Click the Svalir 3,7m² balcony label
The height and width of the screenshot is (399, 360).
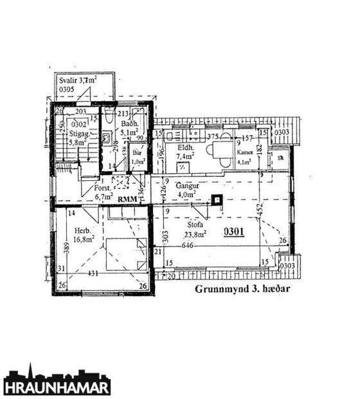pyautogui.click(x=78, y=84)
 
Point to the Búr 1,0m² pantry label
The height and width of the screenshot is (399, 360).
pyautogui.click(x=137, y=158)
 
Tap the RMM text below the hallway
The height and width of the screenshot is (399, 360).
pyautogui.click(x=127, y=199)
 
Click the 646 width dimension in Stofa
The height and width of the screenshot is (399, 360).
pyautogui.click(x=188, y=245)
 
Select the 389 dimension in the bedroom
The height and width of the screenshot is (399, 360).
pyautogui.click(x=66, y=246)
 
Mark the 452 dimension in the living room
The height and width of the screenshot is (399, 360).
pyautogui.click(x=259, y=209)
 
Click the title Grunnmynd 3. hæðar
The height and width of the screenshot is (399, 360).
pyautogui.click(x=243, y=289)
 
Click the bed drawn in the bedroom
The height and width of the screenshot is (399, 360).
pyautogui.click(x=125, y=252)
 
